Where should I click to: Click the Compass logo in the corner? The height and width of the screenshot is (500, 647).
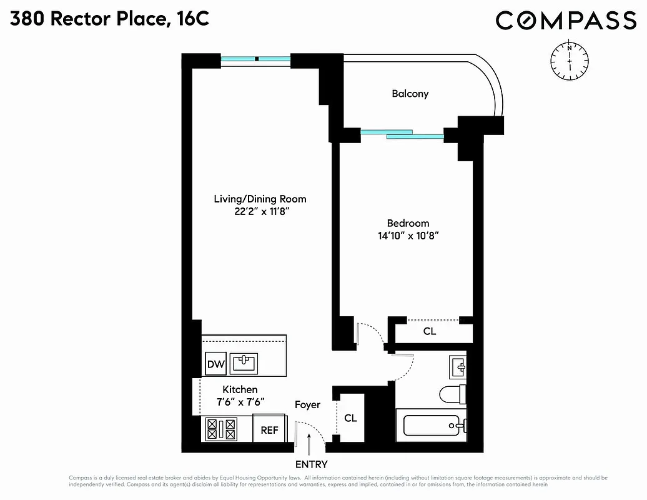point(566,21)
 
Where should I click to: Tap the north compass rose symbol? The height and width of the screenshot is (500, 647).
point(569,60)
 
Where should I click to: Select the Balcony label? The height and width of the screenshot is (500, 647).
point(410,94)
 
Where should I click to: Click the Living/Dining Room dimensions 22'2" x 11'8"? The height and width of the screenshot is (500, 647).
point(260,212)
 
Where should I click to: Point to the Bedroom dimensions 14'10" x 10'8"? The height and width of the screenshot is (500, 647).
point(408,236)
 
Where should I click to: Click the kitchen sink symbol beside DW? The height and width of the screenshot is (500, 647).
point(244,363)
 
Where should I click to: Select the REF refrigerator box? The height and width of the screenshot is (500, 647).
point(269,430)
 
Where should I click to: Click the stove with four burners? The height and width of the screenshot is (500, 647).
point(222,429)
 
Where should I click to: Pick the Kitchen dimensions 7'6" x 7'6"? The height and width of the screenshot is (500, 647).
point(240,402)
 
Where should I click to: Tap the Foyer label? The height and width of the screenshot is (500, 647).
point(307,404)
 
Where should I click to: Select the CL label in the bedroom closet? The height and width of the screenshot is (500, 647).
point(430,331)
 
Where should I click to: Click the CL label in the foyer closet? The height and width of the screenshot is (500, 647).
point(351,417)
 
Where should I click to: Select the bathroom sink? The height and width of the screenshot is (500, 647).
point(457,367)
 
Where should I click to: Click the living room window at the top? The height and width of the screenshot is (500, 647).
point(256,59)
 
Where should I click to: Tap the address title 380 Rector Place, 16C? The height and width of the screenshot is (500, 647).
point(109,19)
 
